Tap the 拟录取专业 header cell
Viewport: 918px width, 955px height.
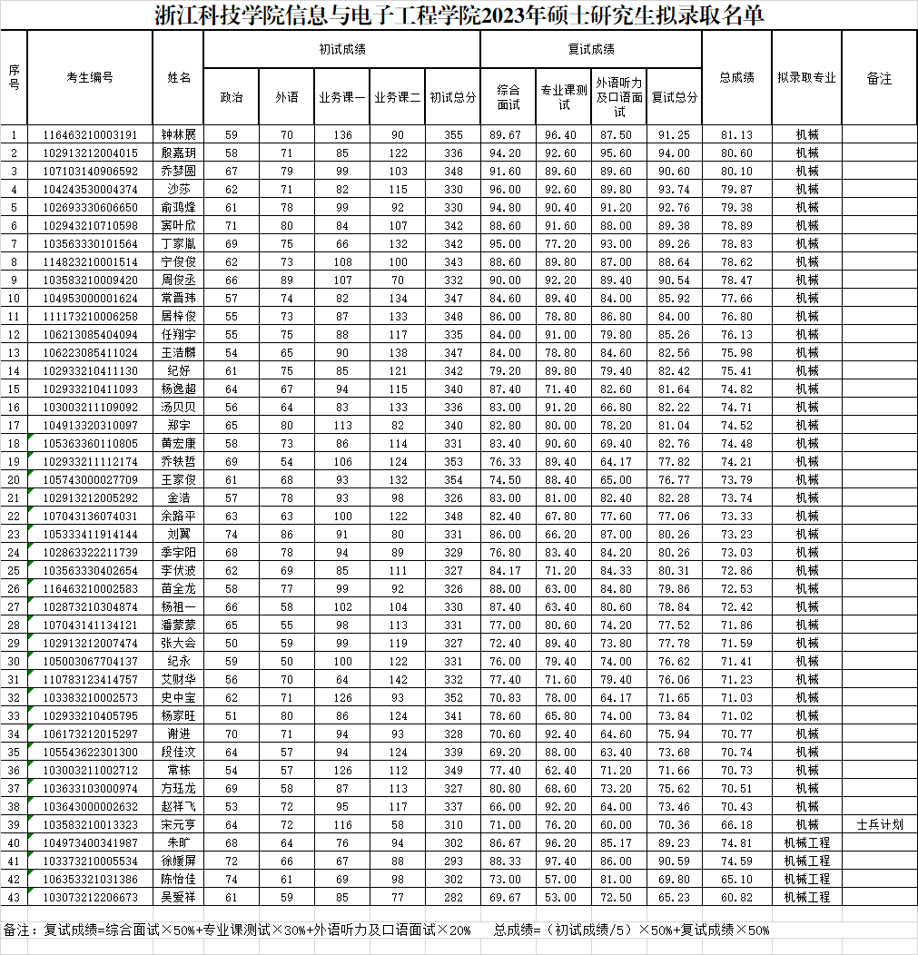click(806, 78)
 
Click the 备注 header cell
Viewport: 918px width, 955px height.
click(879, 78)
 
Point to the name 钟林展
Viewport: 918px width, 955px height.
click(179, 134)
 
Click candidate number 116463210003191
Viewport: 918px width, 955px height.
click(90, 134)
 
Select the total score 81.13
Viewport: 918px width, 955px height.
click(736, 134)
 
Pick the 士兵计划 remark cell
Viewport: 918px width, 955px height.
click(879, 824)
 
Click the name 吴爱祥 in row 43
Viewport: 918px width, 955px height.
click(179, 897)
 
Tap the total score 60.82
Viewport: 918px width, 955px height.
click(736, 897)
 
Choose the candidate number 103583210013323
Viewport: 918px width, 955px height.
click(90, 824)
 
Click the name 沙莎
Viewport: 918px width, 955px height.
click(179, 189)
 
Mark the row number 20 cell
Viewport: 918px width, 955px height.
click(14, 479)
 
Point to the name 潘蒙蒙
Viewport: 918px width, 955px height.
click(179, 625)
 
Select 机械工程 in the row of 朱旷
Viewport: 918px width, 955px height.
click(806, 842)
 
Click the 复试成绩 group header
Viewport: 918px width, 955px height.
click(590, 49)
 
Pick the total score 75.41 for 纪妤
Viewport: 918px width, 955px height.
click(736, 370)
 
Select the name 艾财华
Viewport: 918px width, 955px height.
click(179, 679)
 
